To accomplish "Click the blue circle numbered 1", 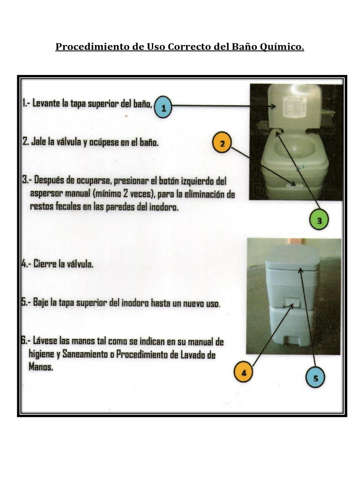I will click(163, 107).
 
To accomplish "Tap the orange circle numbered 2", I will click(222, 144).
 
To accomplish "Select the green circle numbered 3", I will click(319, 220).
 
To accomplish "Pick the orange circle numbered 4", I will click(243, 373).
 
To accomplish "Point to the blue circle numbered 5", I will click(315, 377).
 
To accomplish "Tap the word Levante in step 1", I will click(49, 104).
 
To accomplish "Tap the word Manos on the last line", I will click(41, 367).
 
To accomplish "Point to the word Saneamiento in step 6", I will click(88, 355).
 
